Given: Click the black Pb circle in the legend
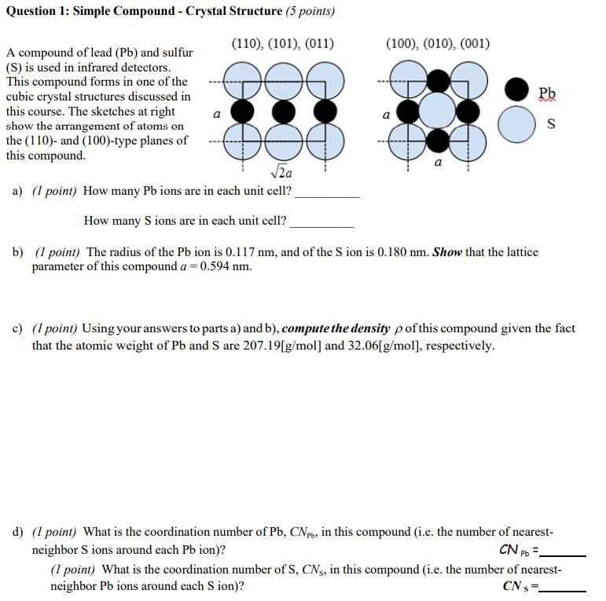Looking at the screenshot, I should coord(516,90).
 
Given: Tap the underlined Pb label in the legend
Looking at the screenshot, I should coord(548,93).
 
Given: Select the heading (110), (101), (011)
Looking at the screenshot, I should coord(283,43).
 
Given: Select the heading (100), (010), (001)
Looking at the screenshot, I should coord(437,43).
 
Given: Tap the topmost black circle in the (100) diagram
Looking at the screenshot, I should coord(438,80).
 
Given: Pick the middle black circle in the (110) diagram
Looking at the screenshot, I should coord(283,111).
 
